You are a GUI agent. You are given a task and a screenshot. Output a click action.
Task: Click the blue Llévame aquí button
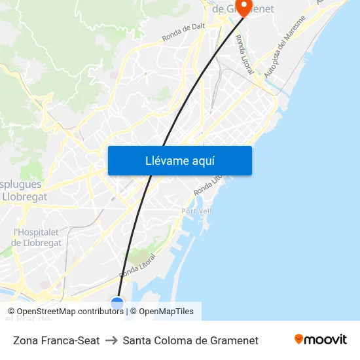pyautogui.click(x=179, y=160)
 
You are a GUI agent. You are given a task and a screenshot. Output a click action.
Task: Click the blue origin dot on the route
pyautogui.click(x=117, y=303)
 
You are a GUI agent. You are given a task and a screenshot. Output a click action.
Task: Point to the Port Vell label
pyautogui.click(x=196, y=211)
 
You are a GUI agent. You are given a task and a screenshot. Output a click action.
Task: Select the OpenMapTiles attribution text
pyautogui.click(x=166, y=312)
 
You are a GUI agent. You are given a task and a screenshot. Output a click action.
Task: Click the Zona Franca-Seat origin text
pyautogui.click(x=56, y=340)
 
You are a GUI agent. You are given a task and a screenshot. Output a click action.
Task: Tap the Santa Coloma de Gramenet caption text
pyautogui.click(x=190, y=340)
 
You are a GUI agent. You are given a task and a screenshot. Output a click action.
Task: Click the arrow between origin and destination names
pyautogui.click(x=111, y=340)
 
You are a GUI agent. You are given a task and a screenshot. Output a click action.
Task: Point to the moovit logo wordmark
pyautogui.click(x=325, y=339)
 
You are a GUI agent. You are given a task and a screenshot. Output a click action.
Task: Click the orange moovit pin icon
pyautogui.click(x=298, y=339)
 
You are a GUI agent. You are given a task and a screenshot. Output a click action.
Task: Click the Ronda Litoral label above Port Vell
pyautogui.click(x=209, y=183)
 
